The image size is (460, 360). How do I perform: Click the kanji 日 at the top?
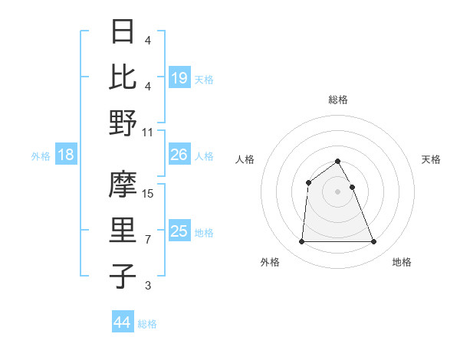(123, 33)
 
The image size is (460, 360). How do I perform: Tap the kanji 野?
(123, 123)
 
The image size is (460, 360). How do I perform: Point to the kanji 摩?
(123, 184)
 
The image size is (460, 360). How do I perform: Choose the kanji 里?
(123, 230)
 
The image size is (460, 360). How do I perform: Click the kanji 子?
(123, 276)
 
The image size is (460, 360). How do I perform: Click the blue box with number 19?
(179, 77)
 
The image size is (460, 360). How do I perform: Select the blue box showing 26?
(179, 155)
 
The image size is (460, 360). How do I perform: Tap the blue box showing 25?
(179, 231)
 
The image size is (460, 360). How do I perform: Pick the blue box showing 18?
(66, 155)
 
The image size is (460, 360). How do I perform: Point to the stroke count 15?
(149, 194)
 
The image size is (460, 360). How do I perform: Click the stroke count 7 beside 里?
(148, 240)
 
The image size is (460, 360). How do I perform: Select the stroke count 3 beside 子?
(148, 286)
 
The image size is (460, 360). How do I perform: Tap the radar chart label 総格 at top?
(338, 100)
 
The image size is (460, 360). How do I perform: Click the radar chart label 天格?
(431, 159)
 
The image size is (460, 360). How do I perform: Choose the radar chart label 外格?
(270, 263)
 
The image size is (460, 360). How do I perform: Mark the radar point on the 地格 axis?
(374, 242)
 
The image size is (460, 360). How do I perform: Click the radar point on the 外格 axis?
(301, 242)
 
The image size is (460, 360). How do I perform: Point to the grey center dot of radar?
(338, 191)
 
